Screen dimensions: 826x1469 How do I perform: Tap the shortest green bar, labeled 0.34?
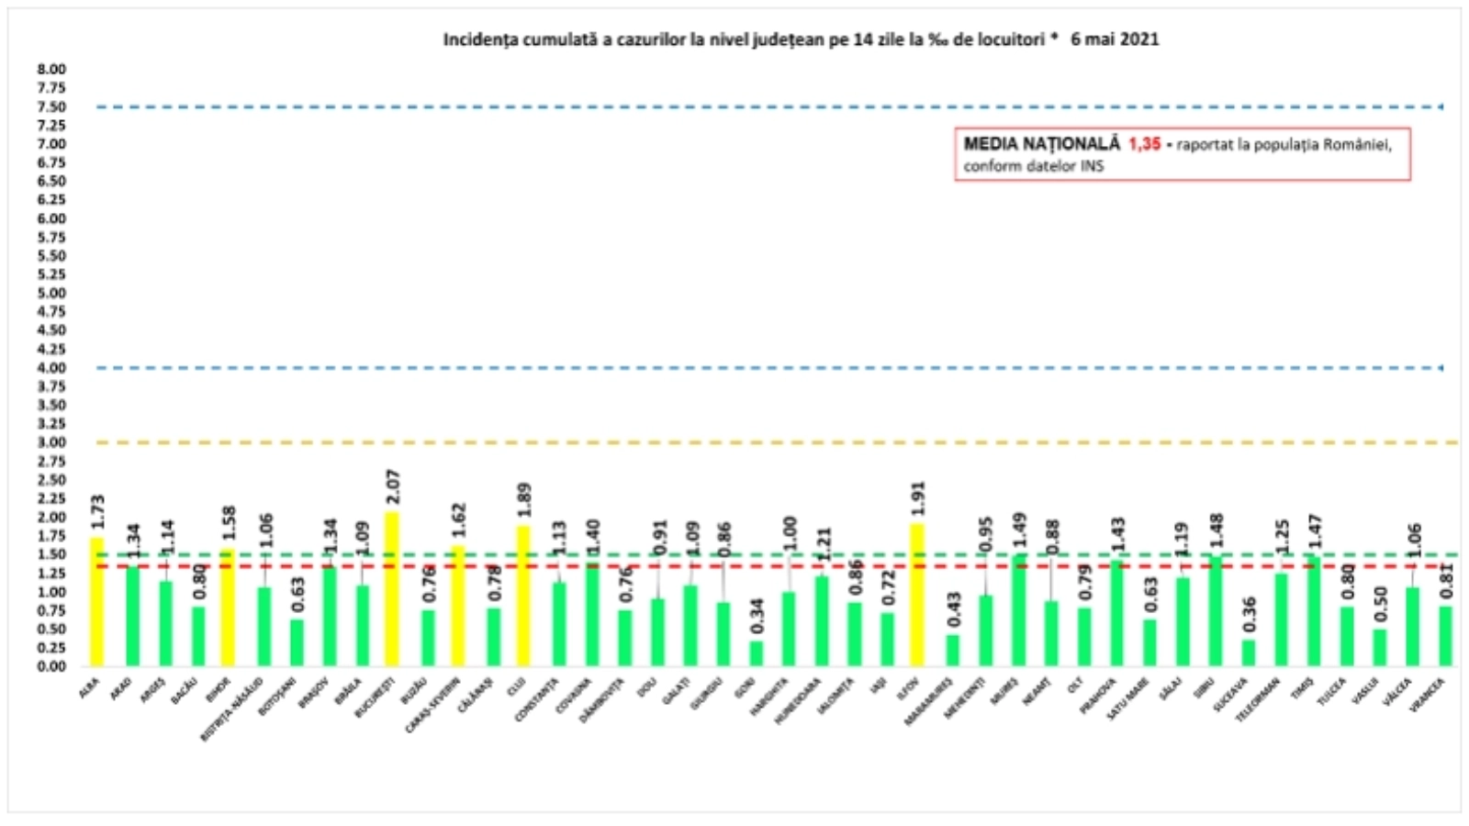(x=756, y=653)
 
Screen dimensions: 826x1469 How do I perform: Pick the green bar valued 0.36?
(x=1249, y=653)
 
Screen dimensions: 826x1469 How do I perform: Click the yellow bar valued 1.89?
(x=523, y=596)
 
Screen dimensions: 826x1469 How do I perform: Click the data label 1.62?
(x=459, y=519)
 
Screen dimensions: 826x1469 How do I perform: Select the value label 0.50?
(x=1380, y=604)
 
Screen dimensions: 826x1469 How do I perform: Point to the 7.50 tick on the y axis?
(x=51, y=106)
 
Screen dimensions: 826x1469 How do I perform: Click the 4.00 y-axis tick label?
(x=51, y=367)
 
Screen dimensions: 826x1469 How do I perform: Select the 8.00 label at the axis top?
(x=51, y=69)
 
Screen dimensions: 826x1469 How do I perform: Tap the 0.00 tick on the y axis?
(x=51, y=666)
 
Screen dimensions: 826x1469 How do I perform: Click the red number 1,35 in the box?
(x=1144, y=144)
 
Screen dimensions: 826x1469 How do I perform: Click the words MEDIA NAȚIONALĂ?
(x=1041, y=144)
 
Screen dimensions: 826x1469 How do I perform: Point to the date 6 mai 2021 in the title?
(x=1114, y=39)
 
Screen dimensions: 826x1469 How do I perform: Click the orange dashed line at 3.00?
(x=734, y=442)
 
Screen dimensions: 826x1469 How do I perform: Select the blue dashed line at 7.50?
(x=734, y=106)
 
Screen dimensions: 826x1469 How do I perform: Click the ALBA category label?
(x=90, y=687)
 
